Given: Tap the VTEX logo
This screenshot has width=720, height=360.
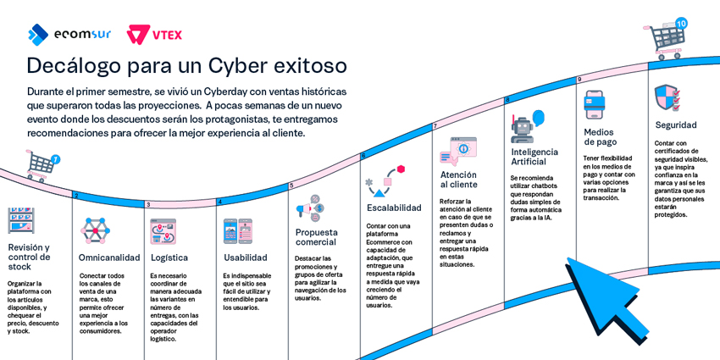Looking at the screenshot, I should pos(154,35).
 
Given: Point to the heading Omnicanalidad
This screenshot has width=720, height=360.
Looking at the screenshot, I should pos(109,258).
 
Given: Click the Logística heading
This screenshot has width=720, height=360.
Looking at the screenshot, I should pos(169,258).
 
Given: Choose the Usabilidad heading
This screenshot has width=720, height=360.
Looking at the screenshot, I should pos(245,258).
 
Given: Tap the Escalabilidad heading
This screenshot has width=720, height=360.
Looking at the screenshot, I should pos(394,208).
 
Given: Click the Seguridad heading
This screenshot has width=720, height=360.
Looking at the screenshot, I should pos(676,125).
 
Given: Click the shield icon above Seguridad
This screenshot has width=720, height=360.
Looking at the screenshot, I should pos(667,97).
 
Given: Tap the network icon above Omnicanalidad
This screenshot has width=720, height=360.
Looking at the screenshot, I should pos(95,230).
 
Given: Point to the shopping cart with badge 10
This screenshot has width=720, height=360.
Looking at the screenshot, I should pos(664,37).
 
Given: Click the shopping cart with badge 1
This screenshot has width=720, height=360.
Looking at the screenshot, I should pos(41,165).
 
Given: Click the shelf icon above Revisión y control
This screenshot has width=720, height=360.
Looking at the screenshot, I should pos(21,221).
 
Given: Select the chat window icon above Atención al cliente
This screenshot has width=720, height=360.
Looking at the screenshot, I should pos(457,150).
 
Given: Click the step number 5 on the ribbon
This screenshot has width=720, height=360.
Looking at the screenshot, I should pos(291,186).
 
